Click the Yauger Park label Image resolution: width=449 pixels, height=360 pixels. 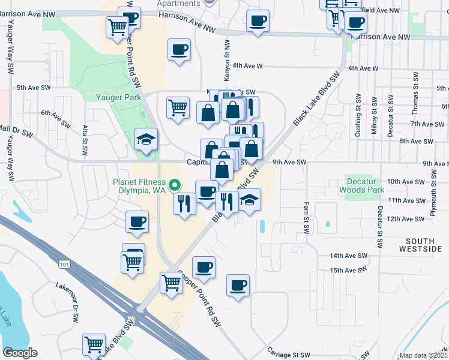pos(118,97)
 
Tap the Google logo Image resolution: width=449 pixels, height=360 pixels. pos(20,353)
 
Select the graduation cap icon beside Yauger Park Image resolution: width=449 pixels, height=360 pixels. pos(146,140)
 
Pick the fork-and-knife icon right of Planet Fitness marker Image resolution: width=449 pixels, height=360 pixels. pos(184,203)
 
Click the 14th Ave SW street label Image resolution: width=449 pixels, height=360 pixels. pos(348,256)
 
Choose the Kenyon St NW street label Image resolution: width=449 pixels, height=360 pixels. pos(227,55)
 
